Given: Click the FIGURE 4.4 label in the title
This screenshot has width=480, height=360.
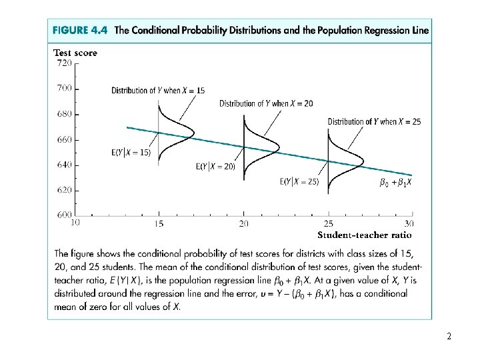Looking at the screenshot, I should [81, 31].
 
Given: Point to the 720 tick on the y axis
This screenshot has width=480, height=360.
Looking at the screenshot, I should [64, 63].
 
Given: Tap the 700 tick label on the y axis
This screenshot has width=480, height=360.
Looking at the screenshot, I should [64, 88].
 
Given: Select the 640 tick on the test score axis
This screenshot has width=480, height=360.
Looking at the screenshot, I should [64, 165].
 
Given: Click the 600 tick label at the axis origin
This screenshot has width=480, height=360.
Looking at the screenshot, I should [64, 215].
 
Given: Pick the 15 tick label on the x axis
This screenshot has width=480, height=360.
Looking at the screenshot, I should [159, 223].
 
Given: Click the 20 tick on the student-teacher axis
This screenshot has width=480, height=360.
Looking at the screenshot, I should [244, 223].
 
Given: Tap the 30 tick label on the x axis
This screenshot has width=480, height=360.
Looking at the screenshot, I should [409, 223].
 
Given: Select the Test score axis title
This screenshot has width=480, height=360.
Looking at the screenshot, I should [75, 53].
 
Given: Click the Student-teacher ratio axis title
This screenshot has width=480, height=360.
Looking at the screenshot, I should [364, 235].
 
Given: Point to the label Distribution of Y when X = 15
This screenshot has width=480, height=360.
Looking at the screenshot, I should [158, 90].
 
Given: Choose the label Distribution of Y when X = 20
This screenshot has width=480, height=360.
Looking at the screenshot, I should [267, 103].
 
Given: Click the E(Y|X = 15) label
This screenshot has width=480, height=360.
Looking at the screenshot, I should [131, 152].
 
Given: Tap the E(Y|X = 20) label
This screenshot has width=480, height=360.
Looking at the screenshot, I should [215, 167].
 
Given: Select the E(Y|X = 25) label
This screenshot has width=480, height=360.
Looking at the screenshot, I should [299, 181].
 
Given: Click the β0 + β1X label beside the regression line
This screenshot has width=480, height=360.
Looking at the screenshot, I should [395, 182].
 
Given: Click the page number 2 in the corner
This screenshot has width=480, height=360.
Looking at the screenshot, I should [449, 337].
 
